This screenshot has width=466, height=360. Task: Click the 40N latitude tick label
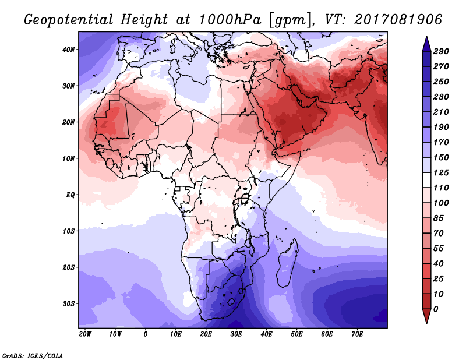click(x=69, y=50)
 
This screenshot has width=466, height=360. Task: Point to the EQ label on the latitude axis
click(x=70, y=195)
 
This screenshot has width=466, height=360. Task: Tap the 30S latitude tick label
click(x=69, y=303)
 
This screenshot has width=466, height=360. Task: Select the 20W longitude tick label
click(x=85, y=334)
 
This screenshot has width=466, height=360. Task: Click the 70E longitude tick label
click(x=357, y=334)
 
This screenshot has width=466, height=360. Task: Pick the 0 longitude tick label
click(x=145, y=334)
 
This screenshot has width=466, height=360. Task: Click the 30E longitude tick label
click(x=236, y=334)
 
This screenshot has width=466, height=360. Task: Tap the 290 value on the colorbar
click(x=441, y=51)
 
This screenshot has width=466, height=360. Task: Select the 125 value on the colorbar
click(x=441, y=172)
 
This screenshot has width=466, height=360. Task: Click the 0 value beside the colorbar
click(x=436, y=309)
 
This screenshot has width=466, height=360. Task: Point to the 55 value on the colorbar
click(x=439, y=249)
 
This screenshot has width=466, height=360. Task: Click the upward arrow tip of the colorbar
click(x=426, y=36)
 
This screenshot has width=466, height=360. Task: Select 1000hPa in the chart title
click(x=230, y=20)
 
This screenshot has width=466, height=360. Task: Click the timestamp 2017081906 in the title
click(x=398, y=19)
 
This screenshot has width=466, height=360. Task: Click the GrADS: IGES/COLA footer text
click(x=33, y=355)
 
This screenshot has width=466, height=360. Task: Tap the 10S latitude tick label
click(x=69, y=231)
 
